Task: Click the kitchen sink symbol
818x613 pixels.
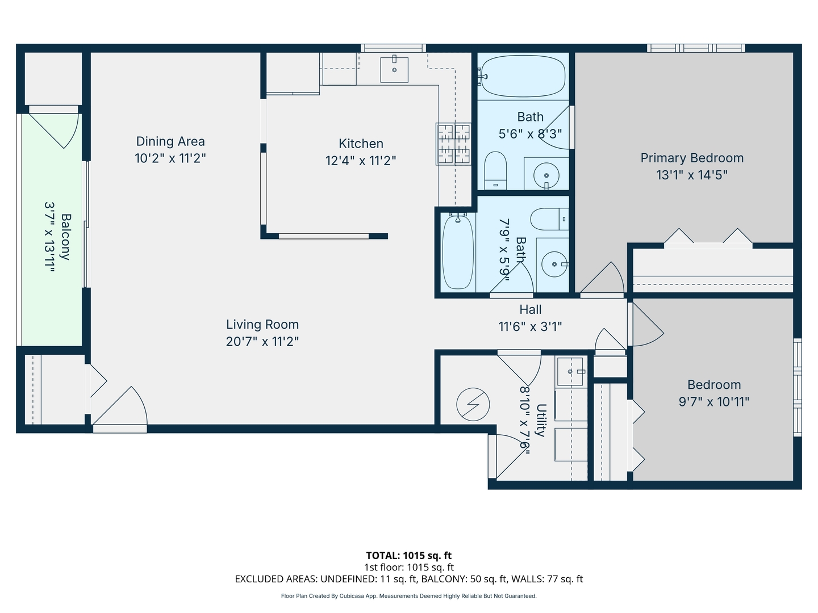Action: pos(394,70)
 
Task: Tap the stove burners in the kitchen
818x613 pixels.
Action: pos(453,144)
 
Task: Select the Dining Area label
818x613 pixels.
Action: pos(170,141)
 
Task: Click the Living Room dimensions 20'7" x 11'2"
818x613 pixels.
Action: pos(262,341)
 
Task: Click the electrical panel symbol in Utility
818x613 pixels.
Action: pos(473,404)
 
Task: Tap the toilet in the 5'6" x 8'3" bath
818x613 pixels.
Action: pos(495,170)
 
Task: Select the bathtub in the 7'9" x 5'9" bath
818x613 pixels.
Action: pos(457,252)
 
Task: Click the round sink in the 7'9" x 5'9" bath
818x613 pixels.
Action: pos(553,264)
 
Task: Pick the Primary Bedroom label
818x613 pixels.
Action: pos(692,158)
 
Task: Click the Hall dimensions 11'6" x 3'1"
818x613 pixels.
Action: pos(530,326)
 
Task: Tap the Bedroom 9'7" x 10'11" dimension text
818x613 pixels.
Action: pos(714,402)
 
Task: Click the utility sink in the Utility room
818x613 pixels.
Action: pos(570,372)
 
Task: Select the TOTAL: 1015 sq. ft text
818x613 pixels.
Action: pos(408,556)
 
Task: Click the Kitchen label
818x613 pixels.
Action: pos(361,144)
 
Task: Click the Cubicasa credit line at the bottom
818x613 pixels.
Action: pos(408,596)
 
